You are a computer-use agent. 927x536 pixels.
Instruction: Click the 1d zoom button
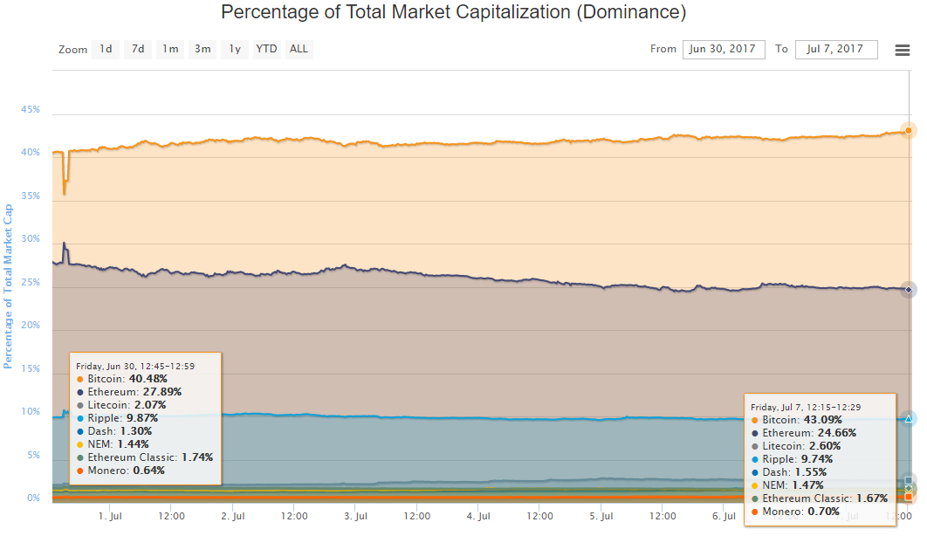pyautogui.click(x=106, y=49)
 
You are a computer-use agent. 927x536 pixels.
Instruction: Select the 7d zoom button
pyautogui.click(x=138, y=49)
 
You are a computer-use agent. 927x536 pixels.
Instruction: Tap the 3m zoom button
pyautogui.click(x=203, y=49)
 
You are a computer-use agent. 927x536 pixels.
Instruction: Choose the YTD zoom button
pyautogui.click(x=266, y=49)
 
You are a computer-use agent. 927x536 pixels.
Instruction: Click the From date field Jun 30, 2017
pyautogui.click(x=724, y=49)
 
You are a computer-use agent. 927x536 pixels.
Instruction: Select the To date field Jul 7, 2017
pyautogui.click(x=836, y=49)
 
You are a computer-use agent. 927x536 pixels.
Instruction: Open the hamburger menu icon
pyautogui.click(x=903, y=51)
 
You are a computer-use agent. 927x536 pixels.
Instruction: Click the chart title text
pyautogui.click(x=453, y=12)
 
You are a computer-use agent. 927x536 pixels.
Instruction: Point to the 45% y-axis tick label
pyautogui.click(x=31, y=109)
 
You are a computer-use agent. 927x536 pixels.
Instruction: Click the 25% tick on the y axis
pyautogui.click(x=31, y=282)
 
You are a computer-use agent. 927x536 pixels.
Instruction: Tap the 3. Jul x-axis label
pyautogui.click(x=355, y=516)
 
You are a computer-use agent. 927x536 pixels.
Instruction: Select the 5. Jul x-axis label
pyautogui.click(x=601, y=516)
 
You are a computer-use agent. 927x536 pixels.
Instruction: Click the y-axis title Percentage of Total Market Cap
pyautogui.click(x=8, y=286)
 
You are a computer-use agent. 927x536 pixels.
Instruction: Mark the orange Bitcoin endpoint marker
pyautogui.click(x=909, y=131)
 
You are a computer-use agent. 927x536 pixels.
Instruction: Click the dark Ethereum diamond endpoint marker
pyautogui.click(x=909, y=290)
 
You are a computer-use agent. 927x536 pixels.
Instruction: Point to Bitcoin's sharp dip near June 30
pyautogui.click(x=65, y=193)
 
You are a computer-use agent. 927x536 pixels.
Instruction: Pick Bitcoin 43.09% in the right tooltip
pyautogui.click(x=796, y=420)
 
